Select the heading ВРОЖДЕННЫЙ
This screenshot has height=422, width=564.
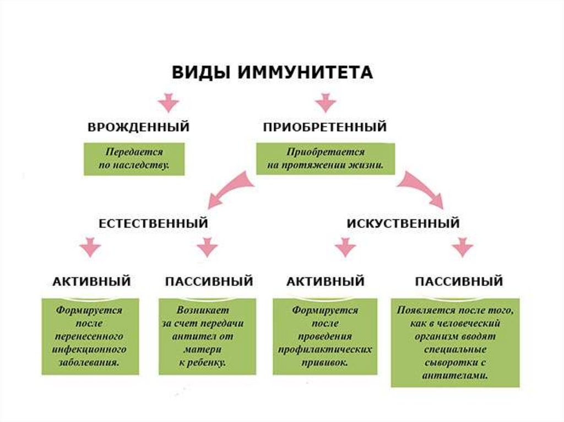138,127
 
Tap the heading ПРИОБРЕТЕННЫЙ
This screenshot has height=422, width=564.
324,127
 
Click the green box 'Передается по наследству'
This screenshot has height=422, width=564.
134,159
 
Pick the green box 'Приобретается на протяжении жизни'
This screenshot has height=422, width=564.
325,159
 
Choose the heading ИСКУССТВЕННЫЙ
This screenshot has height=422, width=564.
403,224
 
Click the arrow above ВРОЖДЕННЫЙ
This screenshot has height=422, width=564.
167,102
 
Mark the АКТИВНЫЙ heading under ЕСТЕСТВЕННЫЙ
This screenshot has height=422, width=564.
91,282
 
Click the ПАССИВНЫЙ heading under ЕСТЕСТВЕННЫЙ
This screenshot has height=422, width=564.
208,282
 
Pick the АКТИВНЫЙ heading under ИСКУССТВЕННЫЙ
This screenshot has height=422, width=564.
325,282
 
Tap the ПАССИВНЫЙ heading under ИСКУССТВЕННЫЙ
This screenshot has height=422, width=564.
458,282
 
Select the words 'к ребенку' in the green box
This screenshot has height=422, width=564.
203,363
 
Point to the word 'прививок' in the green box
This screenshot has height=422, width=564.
324,363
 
